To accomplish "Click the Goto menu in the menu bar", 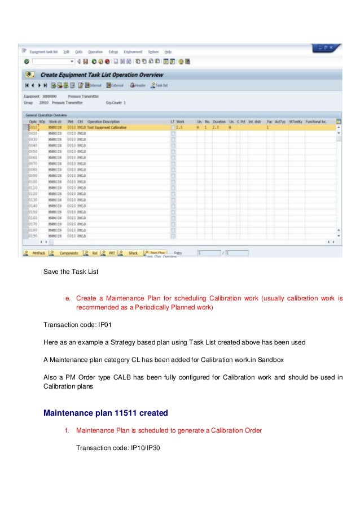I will (78, 51).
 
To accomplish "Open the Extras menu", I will (113, 51).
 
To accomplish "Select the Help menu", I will (168, 51).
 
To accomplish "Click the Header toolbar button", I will (138, 85).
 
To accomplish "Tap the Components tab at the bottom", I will (68, 253).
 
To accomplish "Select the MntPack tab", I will (38, 253).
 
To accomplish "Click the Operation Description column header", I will (104, 121).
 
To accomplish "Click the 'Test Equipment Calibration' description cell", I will (107, 128).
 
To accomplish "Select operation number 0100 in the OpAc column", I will (33, 181).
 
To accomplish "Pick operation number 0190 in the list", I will (33, 236).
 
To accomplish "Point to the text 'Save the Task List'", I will (71, 272).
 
